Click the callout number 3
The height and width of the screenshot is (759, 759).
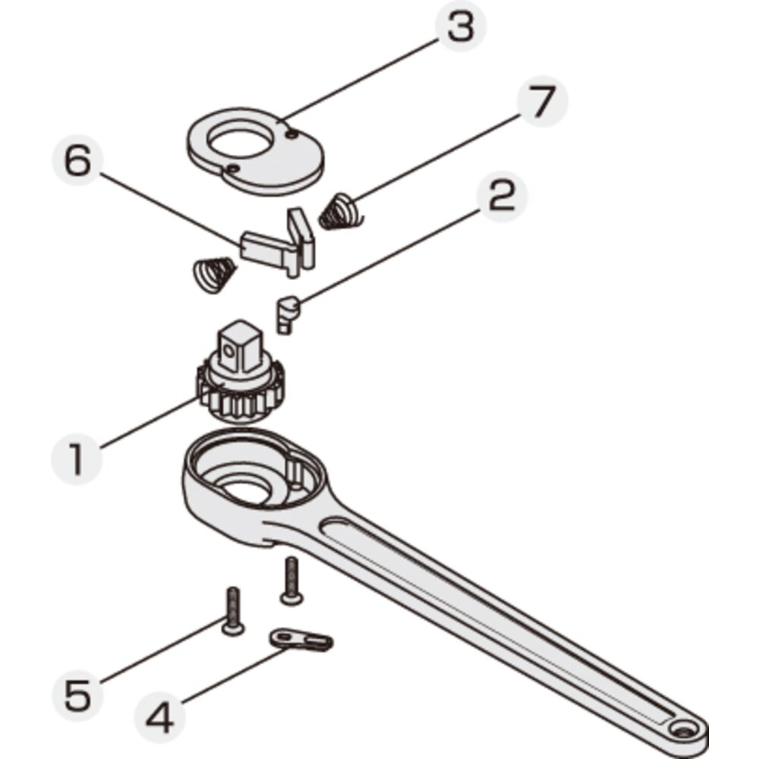(461, 27)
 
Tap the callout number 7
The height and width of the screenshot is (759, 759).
(542, 101)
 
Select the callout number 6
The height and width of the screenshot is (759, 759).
(77, 161)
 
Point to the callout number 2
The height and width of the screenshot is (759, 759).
(502, 196)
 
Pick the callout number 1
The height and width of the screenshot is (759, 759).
(77, 459)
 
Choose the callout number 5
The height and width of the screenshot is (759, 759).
(77, 696)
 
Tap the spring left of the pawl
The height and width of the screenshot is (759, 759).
(214, 275)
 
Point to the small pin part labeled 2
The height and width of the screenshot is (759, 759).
(288, 314)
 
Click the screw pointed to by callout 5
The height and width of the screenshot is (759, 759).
(233, 611)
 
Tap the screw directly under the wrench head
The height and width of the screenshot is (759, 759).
(291, 581)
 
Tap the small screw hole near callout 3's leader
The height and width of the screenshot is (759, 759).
(291, 135)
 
